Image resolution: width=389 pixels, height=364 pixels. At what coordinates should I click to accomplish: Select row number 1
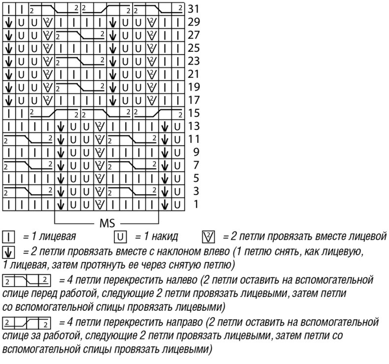coord(195,203)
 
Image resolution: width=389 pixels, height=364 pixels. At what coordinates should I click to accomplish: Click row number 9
coord(195,151)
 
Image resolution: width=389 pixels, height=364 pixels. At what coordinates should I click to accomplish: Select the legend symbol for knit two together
coord(208,236)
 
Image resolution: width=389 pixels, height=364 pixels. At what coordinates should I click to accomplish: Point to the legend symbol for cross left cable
coord(27,281)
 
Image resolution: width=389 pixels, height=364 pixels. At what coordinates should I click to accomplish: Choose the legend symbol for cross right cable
coord(27,324)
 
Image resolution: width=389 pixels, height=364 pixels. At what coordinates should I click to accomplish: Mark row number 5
coord(195,177)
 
